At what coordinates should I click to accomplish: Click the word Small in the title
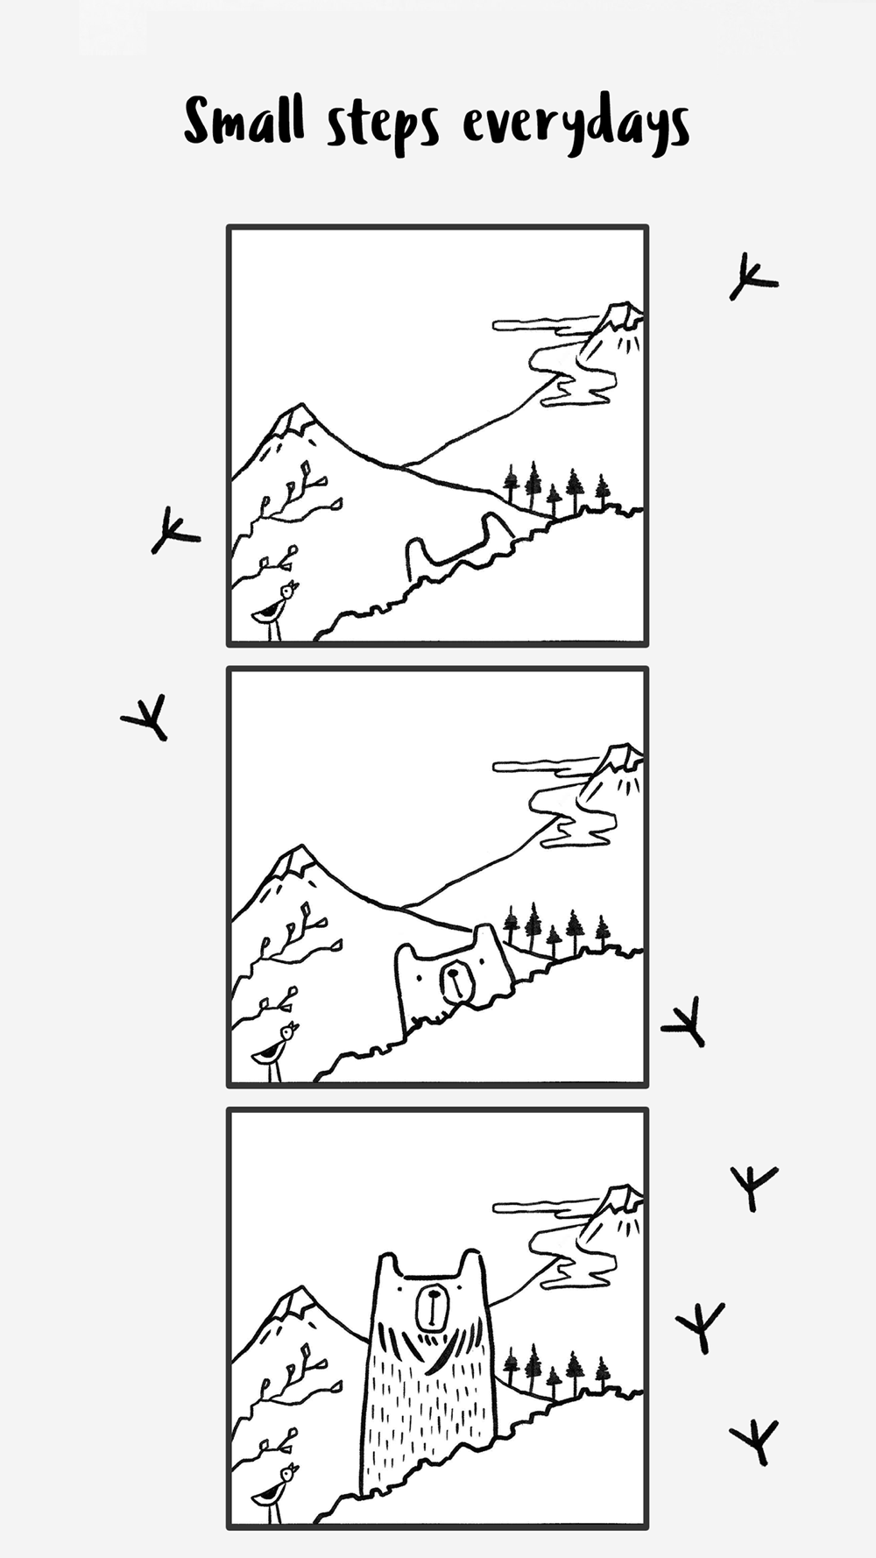pyautogui.click(x=244, y=122)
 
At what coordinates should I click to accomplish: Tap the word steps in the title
pyautogui.click(x=383, y=128)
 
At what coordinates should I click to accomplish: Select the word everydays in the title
pyautogui.click(x=576, y=128)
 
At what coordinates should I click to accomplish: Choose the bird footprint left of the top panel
pyautogui.click(x=174, y=531)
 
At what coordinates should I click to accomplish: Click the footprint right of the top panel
pyautogui.click(x=752, y=278)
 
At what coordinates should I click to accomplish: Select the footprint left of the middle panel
pyautogui.click(x=146, y=718)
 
